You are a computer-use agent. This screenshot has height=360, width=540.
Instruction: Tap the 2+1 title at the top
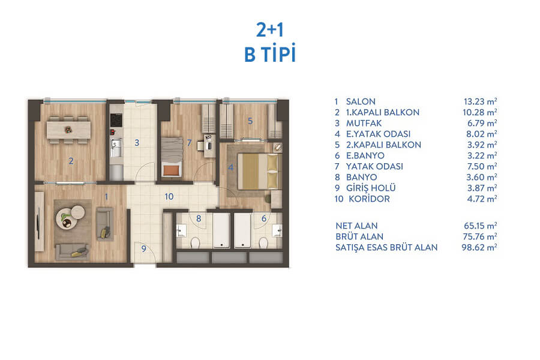pos(270,29)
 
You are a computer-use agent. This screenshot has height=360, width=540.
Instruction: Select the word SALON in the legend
pos(361,101)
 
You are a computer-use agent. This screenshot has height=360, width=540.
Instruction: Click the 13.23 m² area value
pos(480,101)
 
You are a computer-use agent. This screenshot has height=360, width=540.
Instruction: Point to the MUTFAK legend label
pos(364,124)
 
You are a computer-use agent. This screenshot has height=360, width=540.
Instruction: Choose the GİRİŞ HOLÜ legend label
pos(371,188)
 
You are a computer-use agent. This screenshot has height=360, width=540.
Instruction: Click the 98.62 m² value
pos(479,247)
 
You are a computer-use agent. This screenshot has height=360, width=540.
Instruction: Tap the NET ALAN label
pos(356,226)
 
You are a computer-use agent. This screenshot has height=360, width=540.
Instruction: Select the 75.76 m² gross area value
pos(480,236)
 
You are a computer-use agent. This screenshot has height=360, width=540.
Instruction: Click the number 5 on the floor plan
pos(250,121)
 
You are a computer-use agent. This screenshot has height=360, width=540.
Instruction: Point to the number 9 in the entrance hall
pos(143,249)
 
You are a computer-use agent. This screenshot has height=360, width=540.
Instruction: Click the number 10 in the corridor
pos(169,196)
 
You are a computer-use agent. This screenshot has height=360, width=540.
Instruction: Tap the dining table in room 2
pos(69,130)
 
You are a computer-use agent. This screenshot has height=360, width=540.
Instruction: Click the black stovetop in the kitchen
pos(116,120)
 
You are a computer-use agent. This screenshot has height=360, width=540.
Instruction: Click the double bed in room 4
pos(257,171)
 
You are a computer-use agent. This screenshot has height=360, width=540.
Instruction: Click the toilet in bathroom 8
pos(195,242)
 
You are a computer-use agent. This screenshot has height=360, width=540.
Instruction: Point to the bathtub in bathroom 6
pos(243,230)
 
